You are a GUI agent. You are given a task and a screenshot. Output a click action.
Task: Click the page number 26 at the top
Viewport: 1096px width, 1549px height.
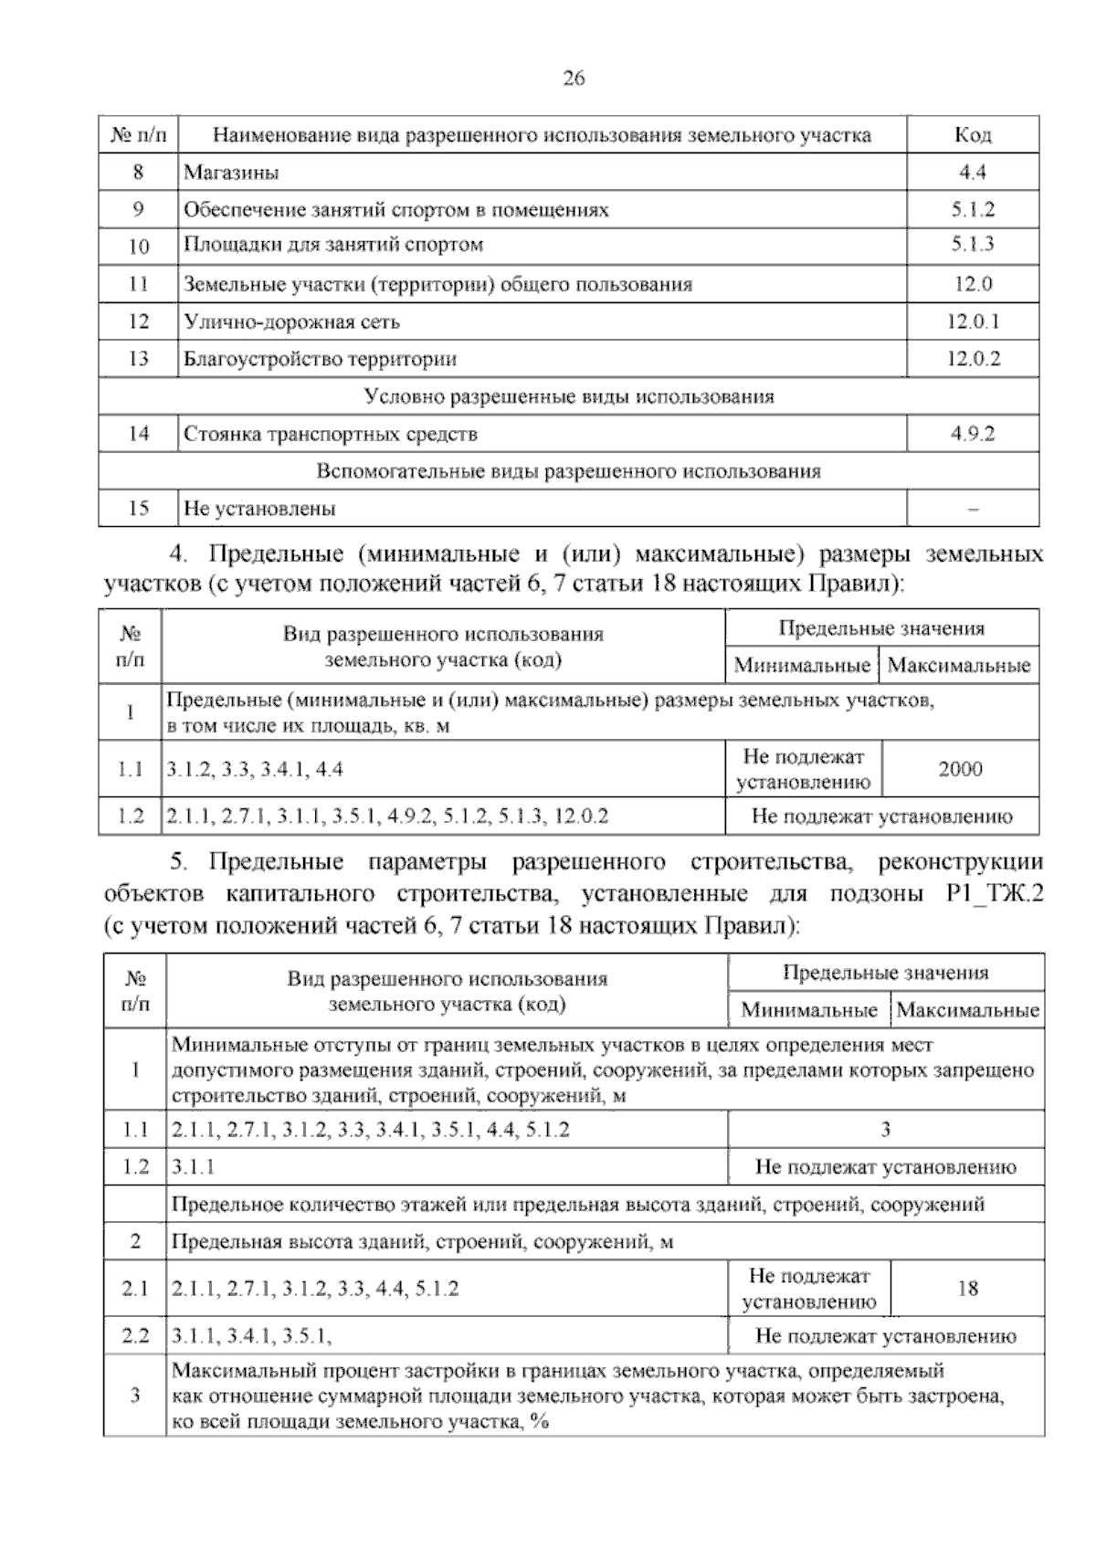point(574,79)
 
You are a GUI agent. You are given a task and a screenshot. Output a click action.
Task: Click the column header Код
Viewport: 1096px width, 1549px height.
point(973,135)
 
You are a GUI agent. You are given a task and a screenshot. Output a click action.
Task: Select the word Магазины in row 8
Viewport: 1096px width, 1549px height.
point(231,173)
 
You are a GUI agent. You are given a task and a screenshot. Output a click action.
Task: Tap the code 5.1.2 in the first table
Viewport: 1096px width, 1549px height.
point(973,209)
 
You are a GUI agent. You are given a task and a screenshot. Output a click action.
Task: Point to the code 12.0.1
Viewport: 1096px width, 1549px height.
point(973,321)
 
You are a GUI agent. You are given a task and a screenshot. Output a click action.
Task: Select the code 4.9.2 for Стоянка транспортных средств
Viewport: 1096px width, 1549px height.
point(973,434)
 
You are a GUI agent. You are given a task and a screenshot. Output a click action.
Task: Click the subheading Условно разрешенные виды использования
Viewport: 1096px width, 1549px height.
point(568,396)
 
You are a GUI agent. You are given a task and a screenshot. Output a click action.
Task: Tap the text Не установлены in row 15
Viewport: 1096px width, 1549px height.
point(259,509)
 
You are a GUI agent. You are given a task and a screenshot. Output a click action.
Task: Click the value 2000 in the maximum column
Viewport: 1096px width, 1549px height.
point(961,769)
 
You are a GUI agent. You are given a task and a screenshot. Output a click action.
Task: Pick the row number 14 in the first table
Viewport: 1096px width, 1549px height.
point(139,434)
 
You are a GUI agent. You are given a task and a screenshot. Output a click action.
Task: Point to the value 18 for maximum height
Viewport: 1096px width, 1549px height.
point(967,1289)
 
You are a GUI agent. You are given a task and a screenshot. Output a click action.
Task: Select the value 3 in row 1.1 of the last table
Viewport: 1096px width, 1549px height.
point(885,1130)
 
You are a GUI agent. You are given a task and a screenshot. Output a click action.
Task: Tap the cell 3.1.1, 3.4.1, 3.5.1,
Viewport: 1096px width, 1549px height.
point(251,1337)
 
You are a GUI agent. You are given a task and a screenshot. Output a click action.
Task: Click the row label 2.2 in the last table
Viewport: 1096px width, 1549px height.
point(135,1337)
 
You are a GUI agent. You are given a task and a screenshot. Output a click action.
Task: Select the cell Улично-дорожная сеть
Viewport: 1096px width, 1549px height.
point(291,321)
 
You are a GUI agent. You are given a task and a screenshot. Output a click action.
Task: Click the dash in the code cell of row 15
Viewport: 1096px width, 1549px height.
point(973,510)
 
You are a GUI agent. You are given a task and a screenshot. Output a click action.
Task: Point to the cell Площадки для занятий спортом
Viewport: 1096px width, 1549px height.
point(333,245)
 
